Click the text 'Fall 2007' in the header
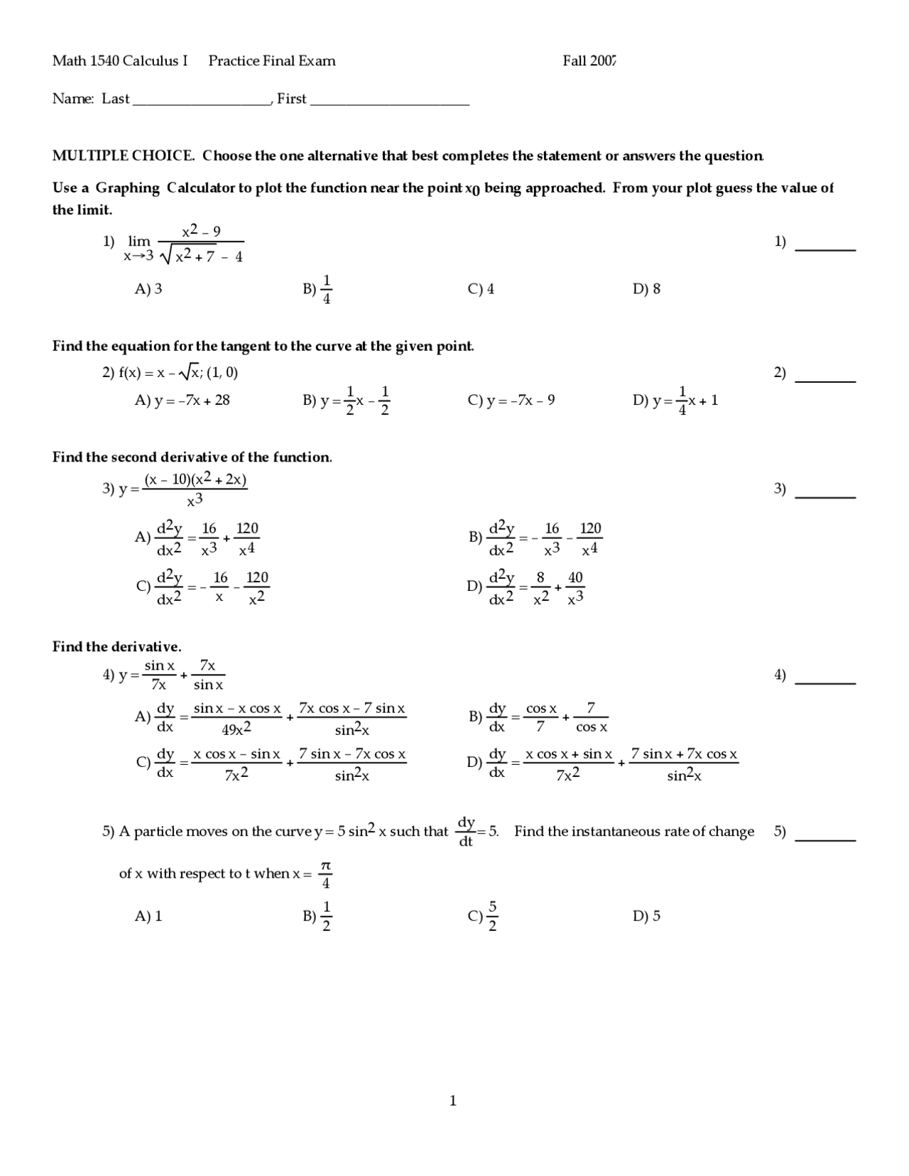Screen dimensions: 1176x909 pos(589,61)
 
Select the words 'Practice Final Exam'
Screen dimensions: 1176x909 pos(272,61)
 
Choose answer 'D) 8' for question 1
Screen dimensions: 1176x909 pos(646,289)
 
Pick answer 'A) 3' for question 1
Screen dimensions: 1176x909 pos(148,289)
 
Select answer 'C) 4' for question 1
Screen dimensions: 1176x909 pos(481,289)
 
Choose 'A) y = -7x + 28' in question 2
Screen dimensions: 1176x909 pos(183,401)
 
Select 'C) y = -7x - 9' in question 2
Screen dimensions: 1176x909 pos(511,401)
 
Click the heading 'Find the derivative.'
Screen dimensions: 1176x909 pos(116,647)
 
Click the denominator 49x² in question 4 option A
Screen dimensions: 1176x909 pos(236,730)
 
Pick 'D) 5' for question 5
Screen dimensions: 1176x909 pos(646,916)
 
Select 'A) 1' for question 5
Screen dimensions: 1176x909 pos(148,916)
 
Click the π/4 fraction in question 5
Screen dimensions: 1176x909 pos(325,874)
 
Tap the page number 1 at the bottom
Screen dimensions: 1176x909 pos(453,1101)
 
